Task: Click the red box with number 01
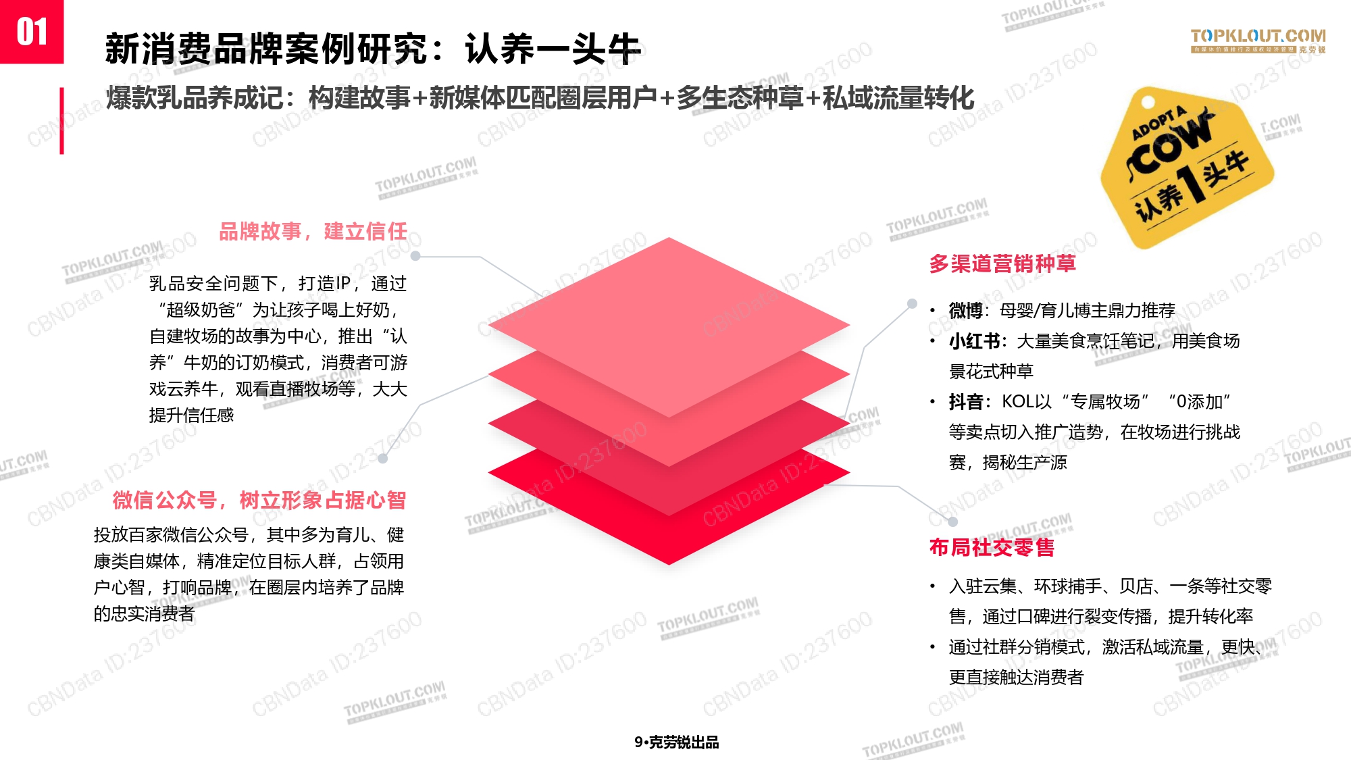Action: click(x=32, y=32)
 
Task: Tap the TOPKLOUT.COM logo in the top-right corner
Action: click(x=1258, y=40)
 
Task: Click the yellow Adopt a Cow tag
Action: click(x=1187, y=167)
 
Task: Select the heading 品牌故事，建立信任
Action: click(x=313, y=232)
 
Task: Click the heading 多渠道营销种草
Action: click(x=1002, y=263)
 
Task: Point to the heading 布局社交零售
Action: click(x=992, y=547)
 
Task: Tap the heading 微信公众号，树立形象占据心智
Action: click(x=259, y=501)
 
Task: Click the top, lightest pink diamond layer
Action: click(x=669, y=327)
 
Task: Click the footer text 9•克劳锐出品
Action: click(x=677, y=742)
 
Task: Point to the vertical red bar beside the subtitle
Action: click(x=61, y=121)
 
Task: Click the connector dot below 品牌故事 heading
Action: click(x=415, y=256)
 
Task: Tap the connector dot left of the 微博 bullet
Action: click(x=912, y=304)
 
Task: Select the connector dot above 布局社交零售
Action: click(x=952, y=522)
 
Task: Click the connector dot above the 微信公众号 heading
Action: click(x=383, y=459)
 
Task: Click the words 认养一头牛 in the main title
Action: click(x=553, y=49)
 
